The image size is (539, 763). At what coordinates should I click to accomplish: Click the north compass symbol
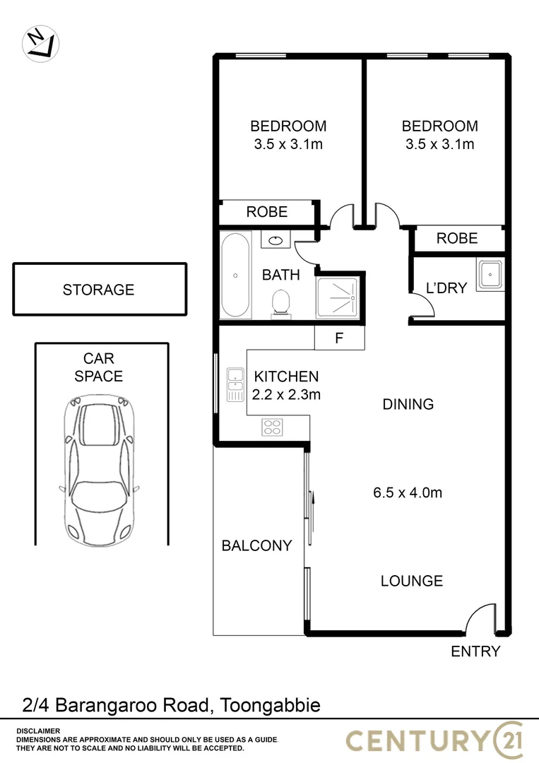point(40,42)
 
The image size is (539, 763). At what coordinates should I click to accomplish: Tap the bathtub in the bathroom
point(235,276)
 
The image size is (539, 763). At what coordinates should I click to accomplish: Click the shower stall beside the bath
point(338,298)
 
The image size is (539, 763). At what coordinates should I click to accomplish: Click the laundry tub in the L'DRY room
point(490,275)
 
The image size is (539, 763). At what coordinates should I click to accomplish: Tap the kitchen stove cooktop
point(273,426)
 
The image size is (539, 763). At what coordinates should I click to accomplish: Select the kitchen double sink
point(235,385)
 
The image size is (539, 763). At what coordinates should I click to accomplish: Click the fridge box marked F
point(339,338)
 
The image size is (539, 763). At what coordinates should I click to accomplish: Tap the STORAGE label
point(98,290)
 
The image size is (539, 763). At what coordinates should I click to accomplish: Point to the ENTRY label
point(475,651)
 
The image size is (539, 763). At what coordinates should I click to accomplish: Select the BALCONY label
point(256,545)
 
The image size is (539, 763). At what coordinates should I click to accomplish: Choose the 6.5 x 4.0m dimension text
point(408,492)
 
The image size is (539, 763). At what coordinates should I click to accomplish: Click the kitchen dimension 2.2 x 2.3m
point(286,395)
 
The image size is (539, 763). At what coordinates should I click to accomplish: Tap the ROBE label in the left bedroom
point(266,212)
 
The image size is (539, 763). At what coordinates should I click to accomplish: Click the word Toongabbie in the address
point(271,705)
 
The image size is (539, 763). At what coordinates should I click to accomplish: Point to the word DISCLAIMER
point(38,731)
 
